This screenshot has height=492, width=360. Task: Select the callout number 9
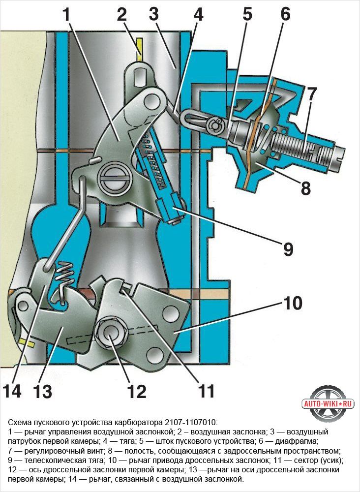(x=288, y=249)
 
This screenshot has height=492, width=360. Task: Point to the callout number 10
(x=293, y=303)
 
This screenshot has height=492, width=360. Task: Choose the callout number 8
(x=305, y=188)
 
